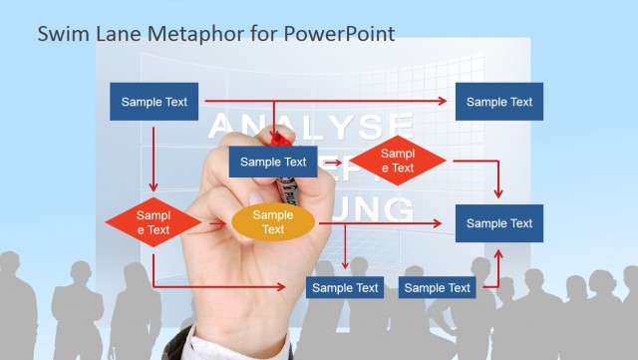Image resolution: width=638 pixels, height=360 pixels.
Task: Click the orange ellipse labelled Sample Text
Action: pyautogui.click(x=273, y=222)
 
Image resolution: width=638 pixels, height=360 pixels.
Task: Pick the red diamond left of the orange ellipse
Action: pyautogui.click(x=154, y=222)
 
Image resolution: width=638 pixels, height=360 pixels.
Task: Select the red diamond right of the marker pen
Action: pyautogui.click(x=397, y=161)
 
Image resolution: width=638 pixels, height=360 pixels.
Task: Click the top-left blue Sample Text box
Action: pyautogui.click(x=155, y=102)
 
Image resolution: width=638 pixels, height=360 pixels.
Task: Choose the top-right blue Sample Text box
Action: pyautogui.click(x=499, y=102)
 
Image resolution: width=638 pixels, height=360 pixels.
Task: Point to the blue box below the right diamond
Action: pyautogui.click(x=499, y=223)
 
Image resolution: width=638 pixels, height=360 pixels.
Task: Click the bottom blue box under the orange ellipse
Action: pyautogui.click(x=345, y=288)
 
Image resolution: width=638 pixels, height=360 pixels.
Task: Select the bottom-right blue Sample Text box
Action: pyautogui.click(x=438, y=288)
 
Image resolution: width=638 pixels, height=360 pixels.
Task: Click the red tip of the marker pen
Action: pyautogui.click(x=282, y=139)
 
